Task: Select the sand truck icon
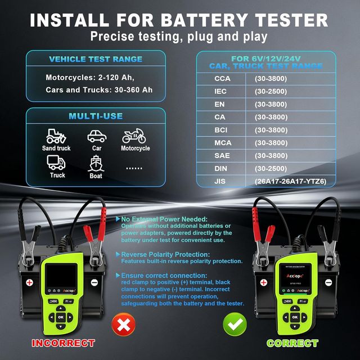[x=56, y=136]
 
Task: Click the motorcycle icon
[x=134, y=136]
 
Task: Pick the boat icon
[x=96, y=163]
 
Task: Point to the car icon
[x=96, y=136]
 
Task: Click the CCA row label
[x=223, y=78]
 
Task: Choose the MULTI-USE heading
[x=96, y=116]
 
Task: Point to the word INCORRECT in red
[x=63, y=343]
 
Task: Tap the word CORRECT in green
[x=292, y=343]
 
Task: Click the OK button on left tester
[x=61, y=317]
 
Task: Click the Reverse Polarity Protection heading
[x=158, y=254]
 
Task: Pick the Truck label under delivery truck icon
[x=57, y=175]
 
